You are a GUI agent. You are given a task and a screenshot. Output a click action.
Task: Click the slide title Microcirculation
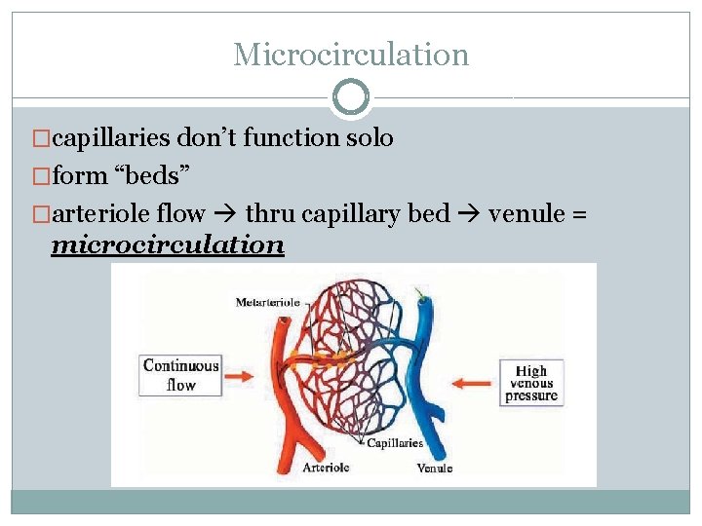[x=351, y=55]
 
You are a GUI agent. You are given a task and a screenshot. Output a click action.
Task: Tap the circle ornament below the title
[x=351, y=97]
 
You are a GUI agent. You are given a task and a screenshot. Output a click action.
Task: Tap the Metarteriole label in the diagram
[x=267, y=303]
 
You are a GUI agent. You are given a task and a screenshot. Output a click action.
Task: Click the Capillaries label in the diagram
[x=394, y=443]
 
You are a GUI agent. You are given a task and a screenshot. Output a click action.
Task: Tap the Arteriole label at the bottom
[x=326, y=468]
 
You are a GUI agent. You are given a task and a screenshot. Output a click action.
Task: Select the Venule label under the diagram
[x=434, y=469]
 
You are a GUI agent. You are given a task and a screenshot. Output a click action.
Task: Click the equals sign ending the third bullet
[x=580, y=213]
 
